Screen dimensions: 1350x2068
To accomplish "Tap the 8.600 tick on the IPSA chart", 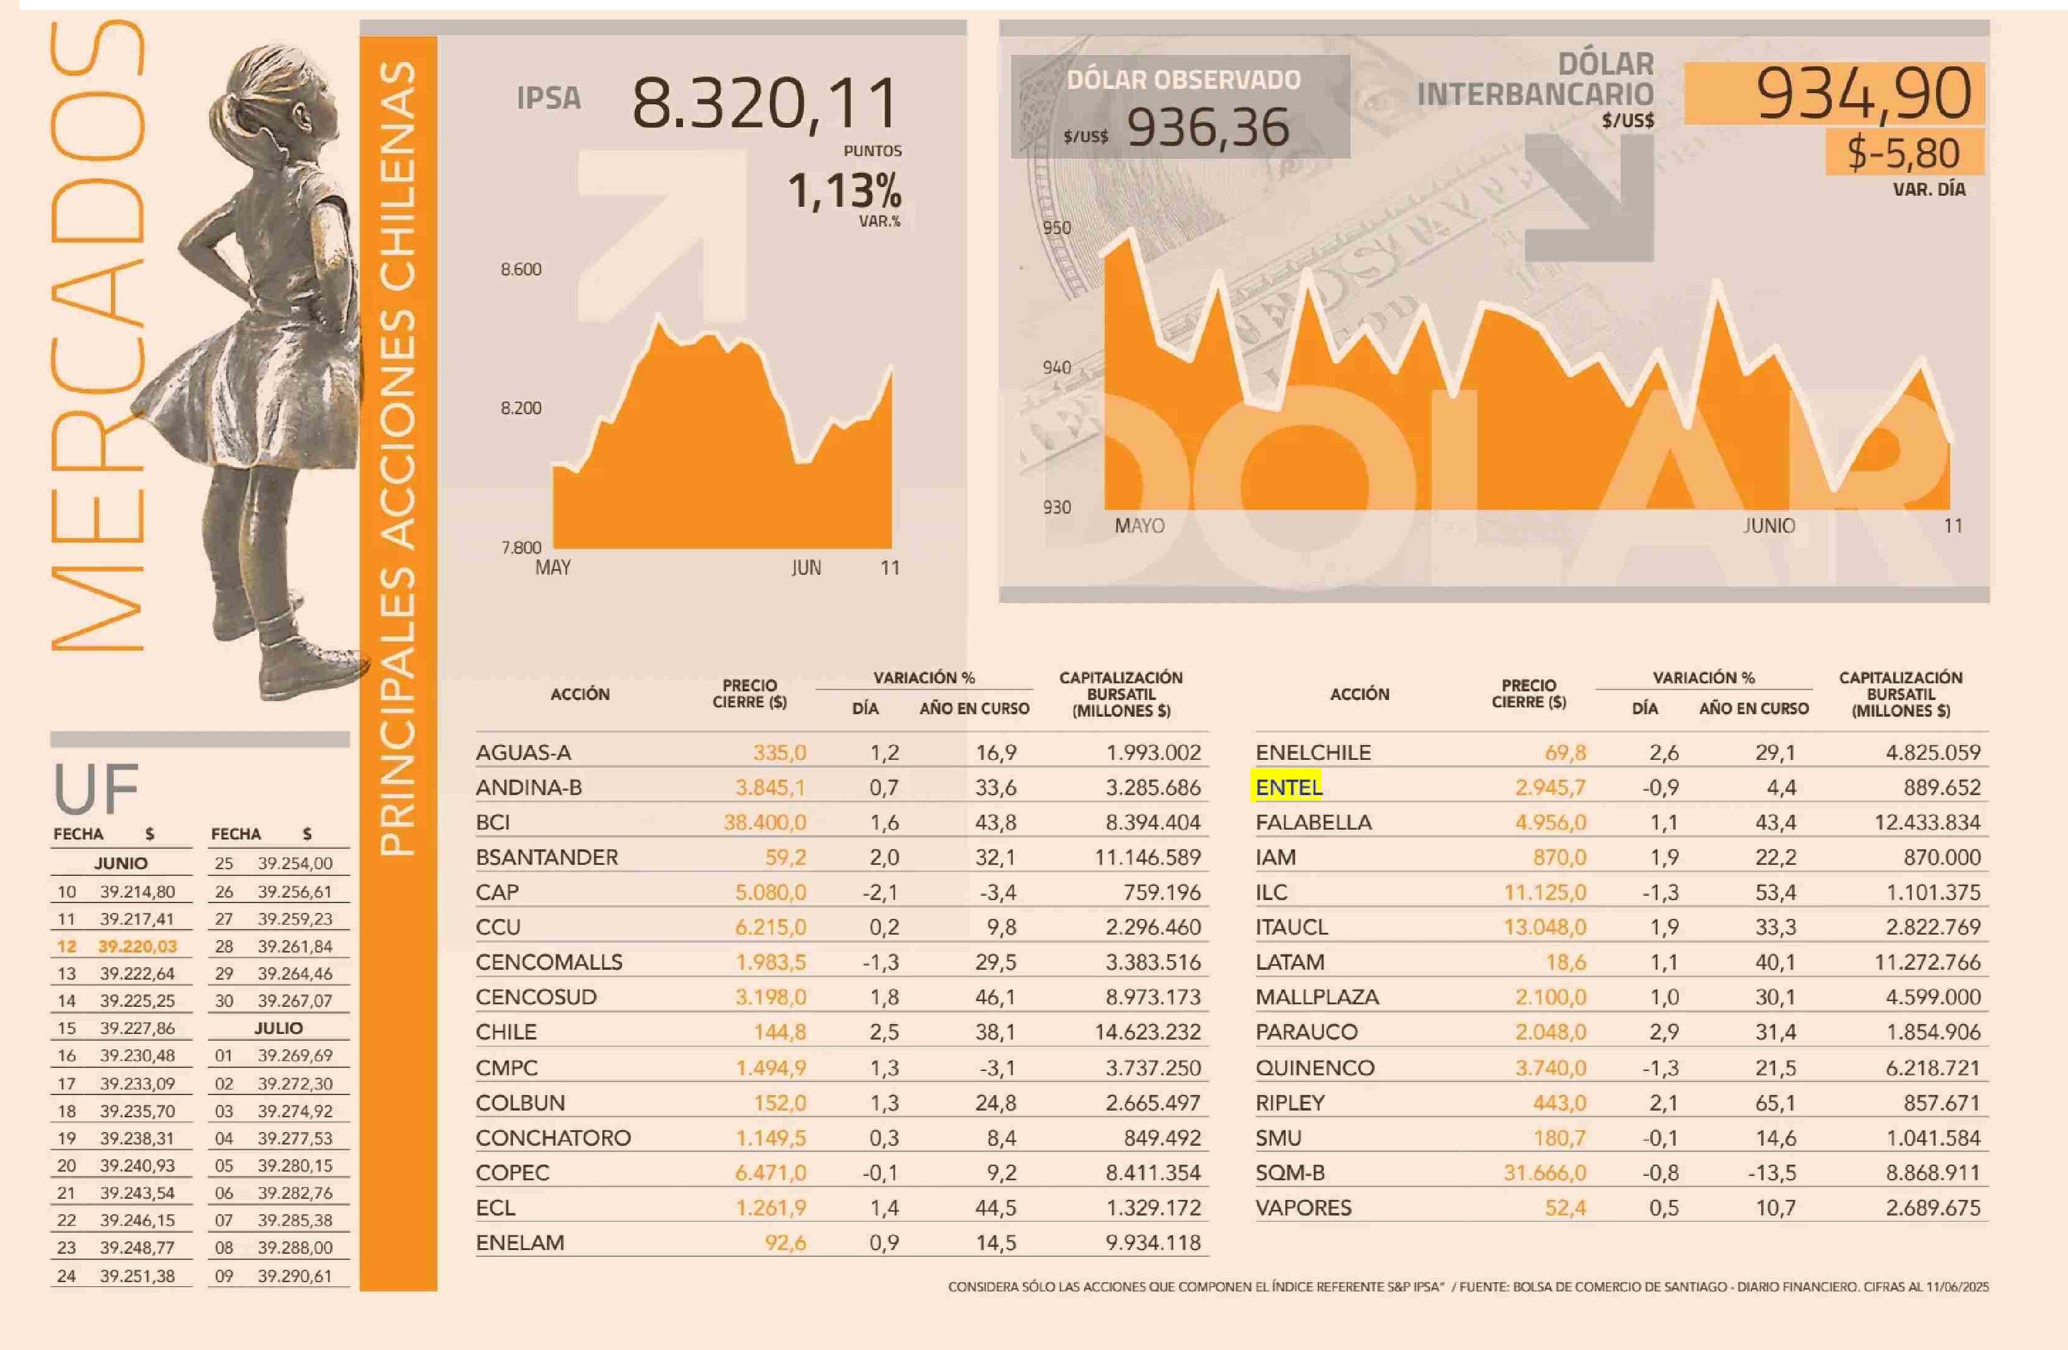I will pos(521,270).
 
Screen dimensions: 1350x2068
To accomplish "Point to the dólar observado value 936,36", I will pos(1208,128).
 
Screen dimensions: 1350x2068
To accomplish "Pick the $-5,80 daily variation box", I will pos(1903,153).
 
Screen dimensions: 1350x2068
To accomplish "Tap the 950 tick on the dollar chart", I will pos(1057,228).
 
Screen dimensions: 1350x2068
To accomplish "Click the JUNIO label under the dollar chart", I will pos(1768,526).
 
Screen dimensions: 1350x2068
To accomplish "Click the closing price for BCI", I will pos(764,822).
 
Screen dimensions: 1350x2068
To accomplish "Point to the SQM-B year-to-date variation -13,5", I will pos(1772,1173).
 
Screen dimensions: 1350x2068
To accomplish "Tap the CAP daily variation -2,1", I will pos(880,893).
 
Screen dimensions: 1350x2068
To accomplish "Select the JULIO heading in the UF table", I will pos(278,1028).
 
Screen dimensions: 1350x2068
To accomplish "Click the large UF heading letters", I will pos(96,788).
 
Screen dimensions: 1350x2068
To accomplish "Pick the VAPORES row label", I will pos(1304,1207).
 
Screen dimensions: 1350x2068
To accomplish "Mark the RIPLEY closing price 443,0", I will pos(1559,1103).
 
